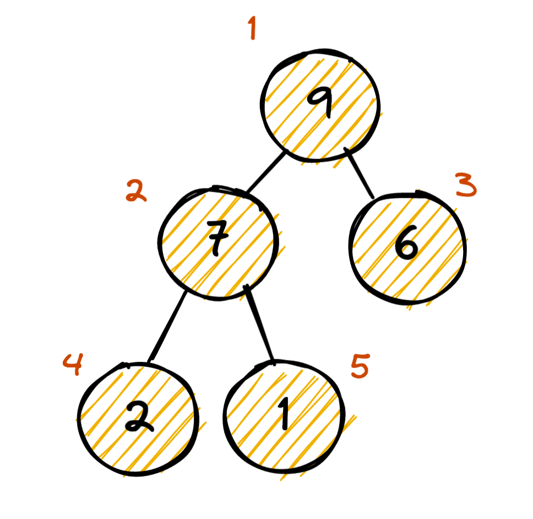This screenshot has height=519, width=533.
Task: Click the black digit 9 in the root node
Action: click(320, 103)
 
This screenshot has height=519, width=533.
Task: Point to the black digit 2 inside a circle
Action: click(137, 417)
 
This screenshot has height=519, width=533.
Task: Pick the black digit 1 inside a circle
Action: click(284, 414)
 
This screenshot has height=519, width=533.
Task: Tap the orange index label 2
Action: click(135, 191)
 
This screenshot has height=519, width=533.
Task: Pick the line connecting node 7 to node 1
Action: click(260, 325)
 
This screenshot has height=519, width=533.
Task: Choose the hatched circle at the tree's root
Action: click(321, 105)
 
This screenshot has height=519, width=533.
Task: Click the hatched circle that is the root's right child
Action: click(407, 247)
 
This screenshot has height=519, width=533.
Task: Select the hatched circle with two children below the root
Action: click(217, 242)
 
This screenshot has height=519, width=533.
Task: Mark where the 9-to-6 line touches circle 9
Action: click(346, 150)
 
